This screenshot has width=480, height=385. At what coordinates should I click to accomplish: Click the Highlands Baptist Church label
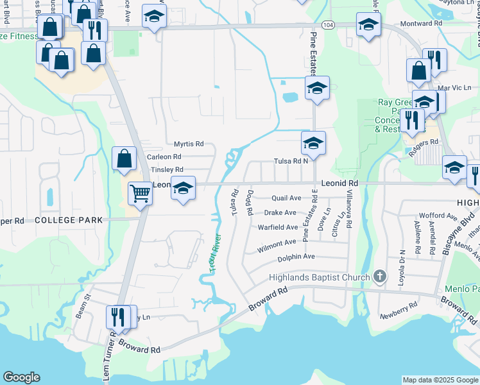point(318,277)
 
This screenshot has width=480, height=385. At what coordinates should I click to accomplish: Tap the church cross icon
point(380,277)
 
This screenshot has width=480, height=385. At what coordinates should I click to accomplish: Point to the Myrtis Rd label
point(189,144)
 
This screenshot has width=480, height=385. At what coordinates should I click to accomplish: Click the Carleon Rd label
point(164,157)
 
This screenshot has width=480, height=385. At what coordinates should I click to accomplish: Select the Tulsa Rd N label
point(291,162)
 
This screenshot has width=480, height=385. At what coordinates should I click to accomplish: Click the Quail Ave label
point(286,198)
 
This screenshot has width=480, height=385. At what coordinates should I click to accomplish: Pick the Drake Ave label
point(280,212)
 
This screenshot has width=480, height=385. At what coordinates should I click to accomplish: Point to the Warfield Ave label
point(278,227)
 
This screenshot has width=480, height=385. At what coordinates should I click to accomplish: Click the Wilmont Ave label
point(277,243)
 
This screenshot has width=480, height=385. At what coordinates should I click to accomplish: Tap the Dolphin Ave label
point(296,257)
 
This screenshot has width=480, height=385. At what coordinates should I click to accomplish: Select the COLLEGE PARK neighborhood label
point(69,220)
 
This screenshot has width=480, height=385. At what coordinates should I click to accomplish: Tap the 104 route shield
point(328,25)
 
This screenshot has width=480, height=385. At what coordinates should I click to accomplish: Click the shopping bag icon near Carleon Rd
point(124,158)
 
